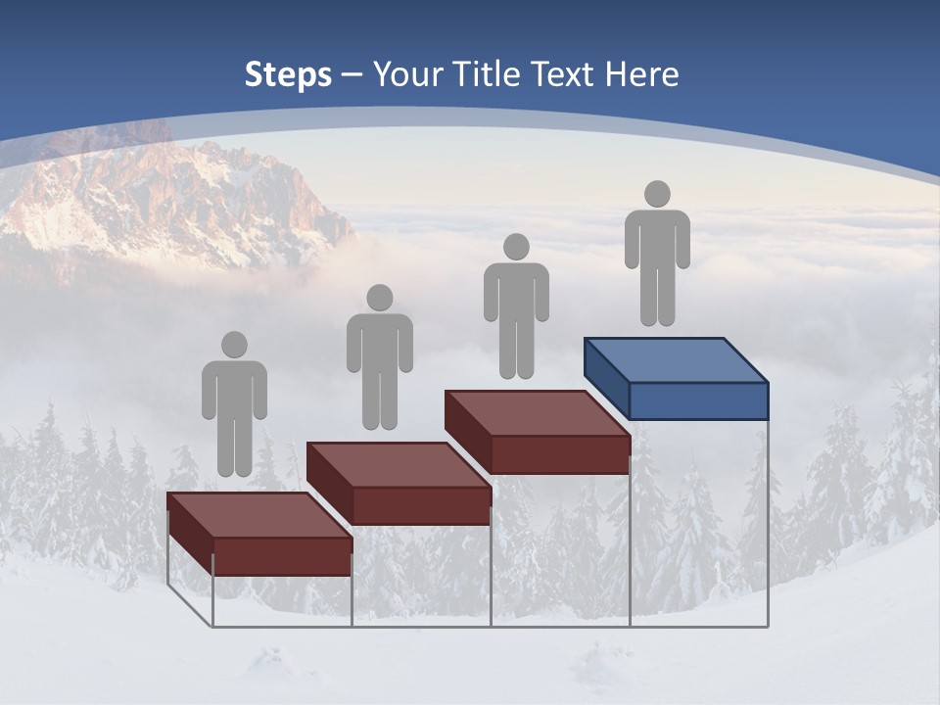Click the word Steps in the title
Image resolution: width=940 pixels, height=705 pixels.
coord(288,74)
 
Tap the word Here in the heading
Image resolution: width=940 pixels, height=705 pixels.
coord(640,74)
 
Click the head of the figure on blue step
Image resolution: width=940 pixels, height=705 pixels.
coord(657,194)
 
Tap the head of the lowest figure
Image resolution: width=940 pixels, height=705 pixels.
coord(234,345)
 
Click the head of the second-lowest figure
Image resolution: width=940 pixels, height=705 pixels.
coord(379,298)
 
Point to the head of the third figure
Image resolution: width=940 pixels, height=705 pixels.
coord(516,247)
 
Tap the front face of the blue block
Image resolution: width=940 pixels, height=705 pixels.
coord(697,400)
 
